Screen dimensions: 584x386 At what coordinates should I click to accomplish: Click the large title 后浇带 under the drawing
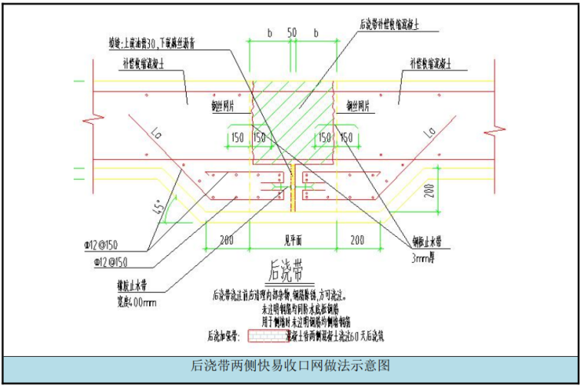point(283,271)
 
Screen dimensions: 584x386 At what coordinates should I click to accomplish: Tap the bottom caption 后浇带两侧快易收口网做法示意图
point(291,364)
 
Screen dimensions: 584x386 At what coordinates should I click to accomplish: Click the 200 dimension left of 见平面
point(227,241)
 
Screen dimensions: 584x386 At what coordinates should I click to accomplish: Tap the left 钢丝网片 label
point(227,103)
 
